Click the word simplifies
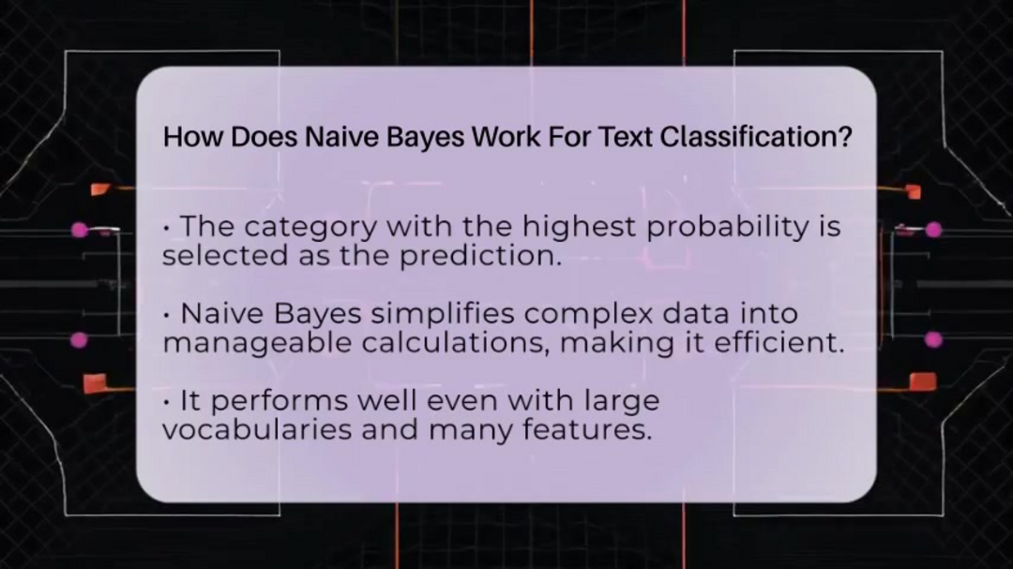(x=443, y=314)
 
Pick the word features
(x=587, y=429)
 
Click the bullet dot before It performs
(x=167, y=402)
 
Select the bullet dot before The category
(x=167, y=228)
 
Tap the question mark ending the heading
(x=845, y=136)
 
